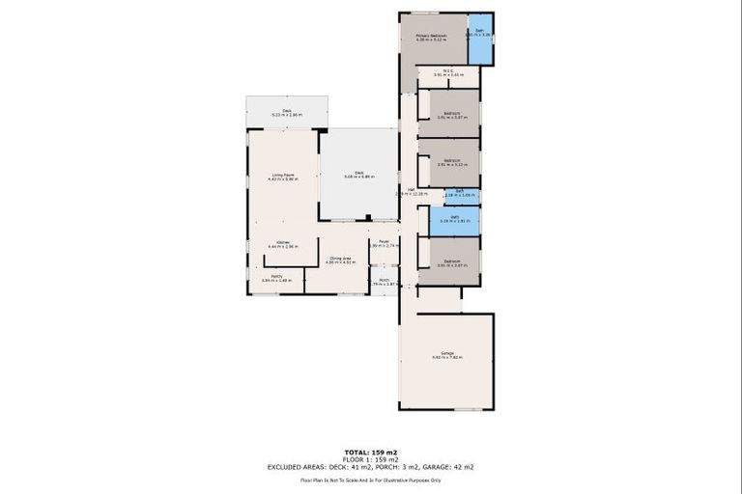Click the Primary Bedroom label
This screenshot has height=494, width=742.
pos(431,38)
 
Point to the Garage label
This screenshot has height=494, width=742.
pos(448,355)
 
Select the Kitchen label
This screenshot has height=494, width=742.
pos(282,244)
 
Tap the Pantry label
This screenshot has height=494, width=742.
pos(276,278)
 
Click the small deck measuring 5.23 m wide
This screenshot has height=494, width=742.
pos(287,112)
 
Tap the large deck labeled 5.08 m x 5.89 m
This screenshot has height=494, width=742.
pos(358,175)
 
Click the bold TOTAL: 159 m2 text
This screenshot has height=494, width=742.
pos(371,452)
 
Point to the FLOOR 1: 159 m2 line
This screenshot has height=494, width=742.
pos(371,459)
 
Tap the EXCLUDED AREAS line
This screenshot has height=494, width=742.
pos(371,467)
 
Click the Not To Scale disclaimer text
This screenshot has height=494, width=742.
pos(371,480)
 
